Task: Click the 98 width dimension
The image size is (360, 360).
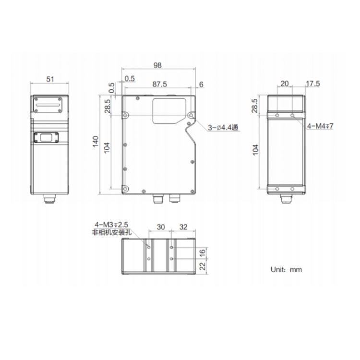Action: tap(157, 65)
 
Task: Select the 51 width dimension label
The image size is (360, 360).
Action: tap(50, 79)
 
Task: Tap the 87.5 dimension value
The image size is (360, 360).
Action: tap(160, 84)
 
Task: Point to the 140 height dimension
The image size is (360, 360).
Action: tap(96, 142)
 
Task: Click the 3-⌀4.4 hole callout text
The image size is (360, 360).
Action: tap(223, 127)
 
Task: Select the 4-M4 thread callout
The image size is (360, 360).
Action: tap(320, 126)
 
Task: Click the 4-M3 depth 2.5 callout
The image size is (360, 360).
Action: tap(111, 224)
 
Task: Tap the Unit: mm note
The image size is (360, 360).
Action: tap(286, 269)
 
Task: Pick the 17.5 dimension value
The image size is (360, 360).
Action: tap(312, 84)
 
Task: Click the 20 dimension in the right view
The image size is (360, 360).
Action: tap(285, 84)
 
